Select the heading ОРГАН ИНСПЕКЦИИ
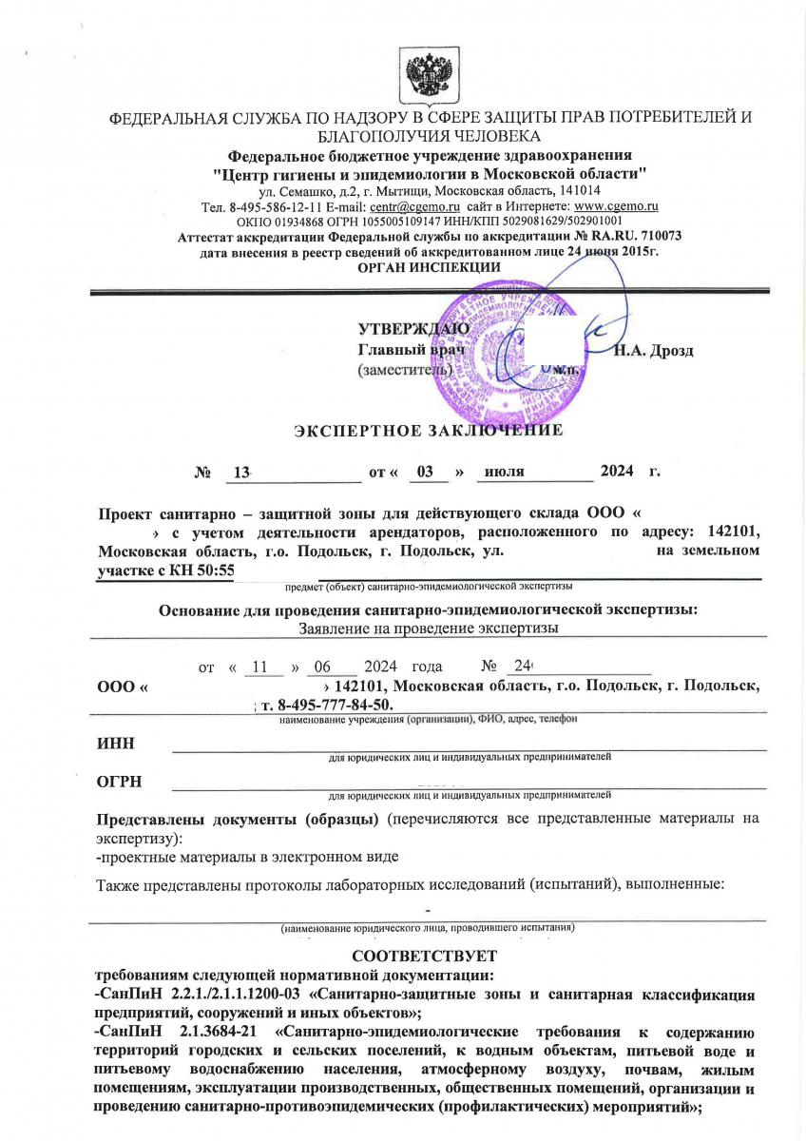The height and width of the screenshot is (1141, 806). click(429, 267)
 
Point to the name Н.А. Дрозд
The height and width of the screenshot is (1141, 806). click(653, 351)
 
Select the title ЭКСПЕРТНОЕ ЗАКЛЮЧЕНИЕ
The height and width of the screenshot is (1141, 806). click(429, 430)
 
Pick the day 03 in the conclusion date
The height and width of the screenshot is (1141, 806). click(426, 472)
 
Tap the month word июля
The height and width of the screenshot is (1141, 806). click(504, 472)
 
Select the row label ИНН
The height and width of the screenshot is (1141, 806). click(114, 743)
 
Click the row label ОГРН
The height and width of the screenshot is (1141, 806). click(119, 782)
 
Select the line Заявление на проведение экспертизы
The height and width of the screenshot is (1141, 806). click(428, 628)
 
